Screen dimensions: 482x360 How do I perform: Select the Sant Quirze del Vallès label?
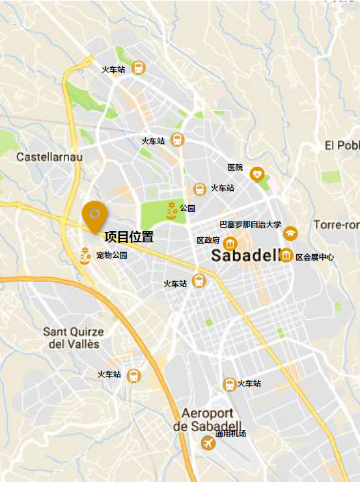coord(74,337)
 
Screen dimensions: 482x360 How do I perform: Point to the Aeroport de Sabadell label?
coord(207,419)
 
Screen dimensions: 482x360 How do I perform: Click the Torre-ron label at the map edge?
coord(336,225)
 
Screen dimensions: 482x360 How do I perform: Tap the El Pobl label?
coord(342,145)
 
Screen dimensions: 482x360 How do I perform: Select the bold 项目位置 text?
coord(129,236)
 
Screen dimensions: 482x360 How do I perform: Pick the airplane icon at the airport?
coord(208,444)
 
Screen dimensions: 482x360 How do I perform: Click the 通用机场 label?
coord(231,434)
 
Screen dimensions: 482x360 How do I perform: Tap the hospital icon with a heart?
coord(258,174)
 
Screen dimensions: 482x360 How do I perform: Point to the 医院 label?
coord(235,167)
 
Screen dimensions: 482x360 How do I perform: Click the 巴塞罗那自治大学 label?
coord(250,225)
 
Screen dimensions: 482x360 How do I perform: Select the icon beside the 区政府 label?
coord(230,244)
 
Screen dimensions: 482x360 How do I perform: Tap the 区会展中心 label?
coord(314,257)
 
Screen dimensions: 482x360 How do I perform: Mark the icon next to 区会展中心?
coord(286,256)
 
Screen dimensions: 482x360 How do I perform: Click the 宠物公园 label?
coord(112,255)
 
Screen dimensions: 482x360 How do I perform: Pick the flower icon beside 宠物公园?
coord(85,255)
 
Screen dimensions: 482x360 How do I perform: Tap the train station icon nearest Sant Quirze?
coord(133,376)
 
